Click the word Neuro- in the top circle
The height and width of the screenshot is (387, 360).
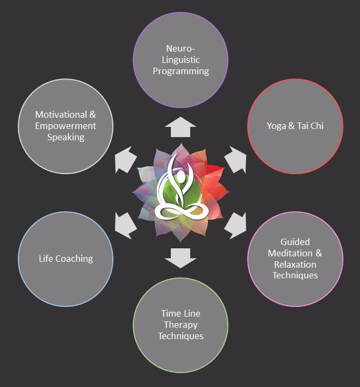(x=180, y=49)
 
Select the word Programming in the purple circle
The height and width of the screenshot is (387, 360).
(x=181, y=71)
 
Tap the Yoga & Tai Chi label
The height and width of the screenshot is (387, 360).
(x=294, y=126)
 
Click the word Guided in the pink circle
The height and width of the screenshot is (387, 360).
(x=295, y=242)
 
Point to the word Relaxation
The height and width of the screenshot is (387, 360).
(x=295, y=264)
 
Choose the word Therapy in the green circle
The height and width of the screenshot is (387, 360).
(x=181, y=325)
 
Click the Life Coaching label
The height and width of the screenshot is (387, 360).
(x=66, y=259)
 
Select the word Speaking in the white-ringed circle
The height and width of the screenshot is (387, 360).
(x=66, y=137)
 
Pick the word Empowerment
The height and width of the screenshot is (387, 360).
(x=66, y=126)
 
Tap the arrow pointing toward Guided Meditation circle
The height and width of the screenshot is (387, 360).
(x=235, y=225)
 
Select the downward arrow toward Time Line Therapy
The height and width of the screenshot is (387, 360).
(x=180, y=257)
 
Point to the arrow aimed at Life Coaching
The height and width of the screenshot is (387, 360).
(x=126, y=225)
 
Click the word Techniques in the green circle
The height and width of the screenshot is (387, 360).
(x=181, y=336)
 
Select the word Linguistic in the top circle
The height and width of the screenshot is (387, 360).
(x=181, y=60)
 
